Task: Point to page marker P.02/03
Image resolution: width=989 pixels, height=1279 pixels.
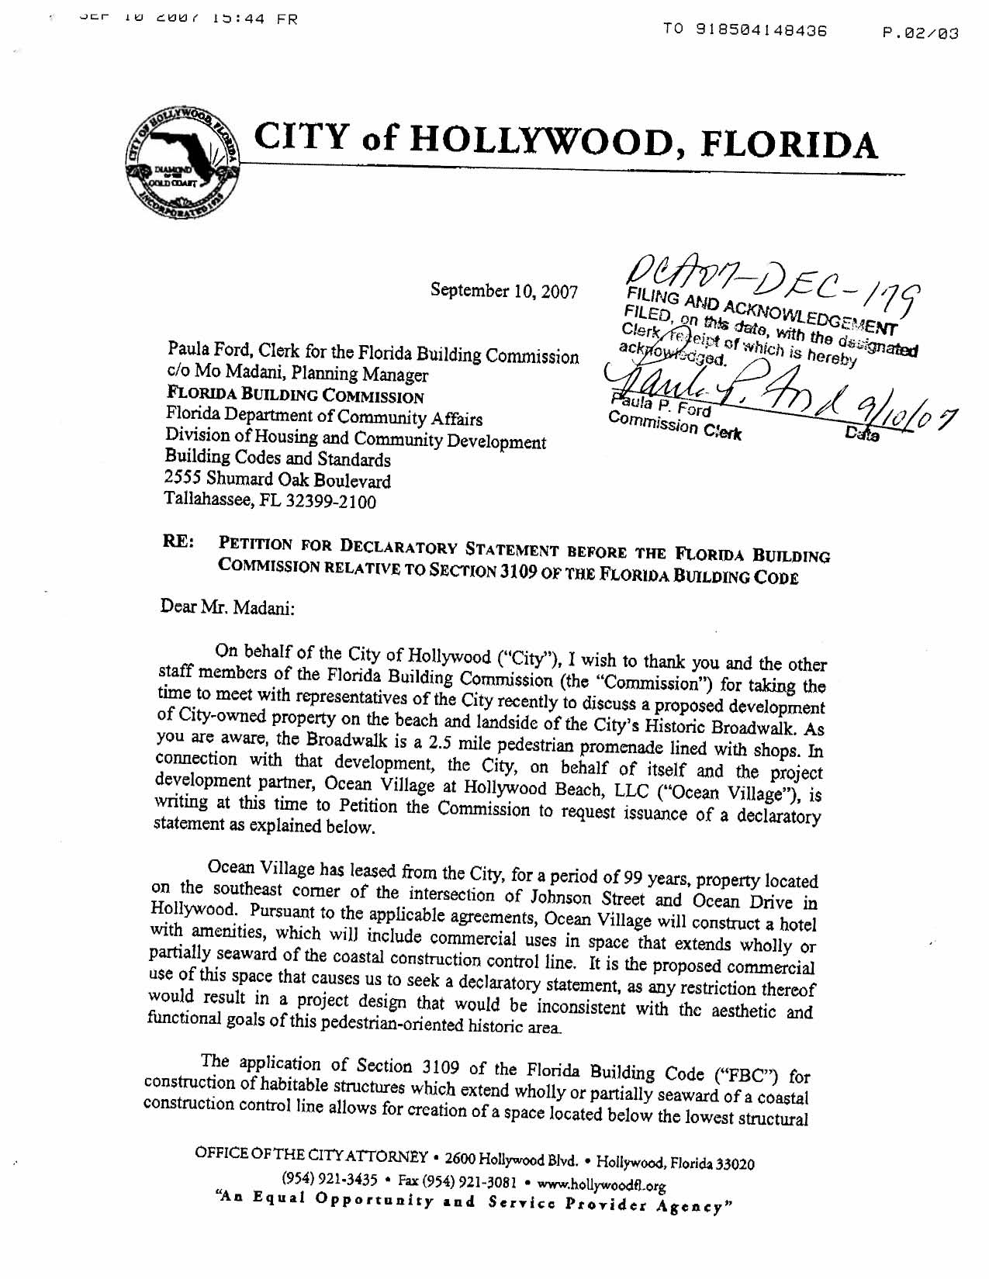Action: tap(921, 33)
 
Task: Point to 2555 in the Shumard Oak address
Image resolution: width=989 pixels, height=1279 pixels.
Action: tap(184, 479)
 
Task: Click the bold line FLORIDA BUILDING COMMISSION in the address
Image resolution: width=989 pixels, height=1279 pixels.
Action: tap(295, 396)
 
